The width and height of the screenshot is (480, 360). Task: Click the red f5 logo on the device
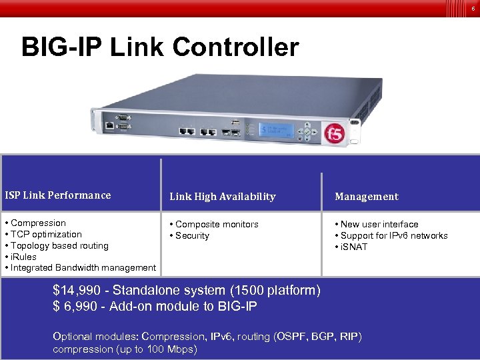[x=333, y=134]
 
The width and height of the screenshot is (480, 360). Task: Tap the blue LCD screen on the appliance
[x=277, y=129]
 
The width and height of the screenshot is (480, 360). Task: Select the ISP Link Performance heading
[x=58, y=195]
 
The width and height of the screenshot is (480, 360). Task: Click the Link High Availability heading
[x=222, y=197]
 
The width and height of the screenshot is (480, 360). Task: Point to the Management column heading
[x=366, y=197]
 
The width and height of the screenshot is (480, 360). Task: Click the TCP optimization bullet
[x=46, y=234]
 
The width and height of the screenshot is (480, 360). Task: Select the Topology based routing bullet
[x=59, y=245]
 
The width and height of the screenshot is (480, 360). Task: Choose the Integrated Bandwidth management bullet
[x=83, y=267]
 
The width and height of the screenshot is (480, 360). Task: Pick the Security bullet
[x=192, y=235]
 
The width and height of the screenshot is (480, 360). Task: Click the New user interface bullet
[x=379, y=224]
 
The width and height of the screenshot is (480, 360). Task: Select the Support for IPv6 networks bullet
[x=393, y=235]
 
